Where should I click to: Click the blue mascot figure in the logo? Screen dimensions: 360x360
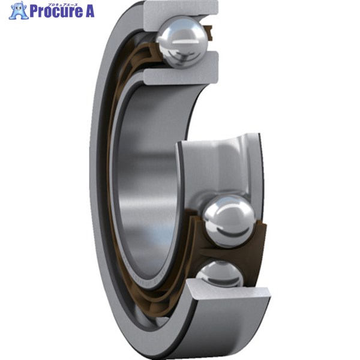(19, 10)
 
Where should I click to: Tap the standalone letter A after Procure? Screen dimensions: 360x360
(88, 12)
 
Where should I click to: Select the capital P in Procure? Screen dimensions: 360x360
(34, 12)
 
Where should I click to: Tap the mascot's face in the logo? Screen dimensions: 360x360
(19, 8)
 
